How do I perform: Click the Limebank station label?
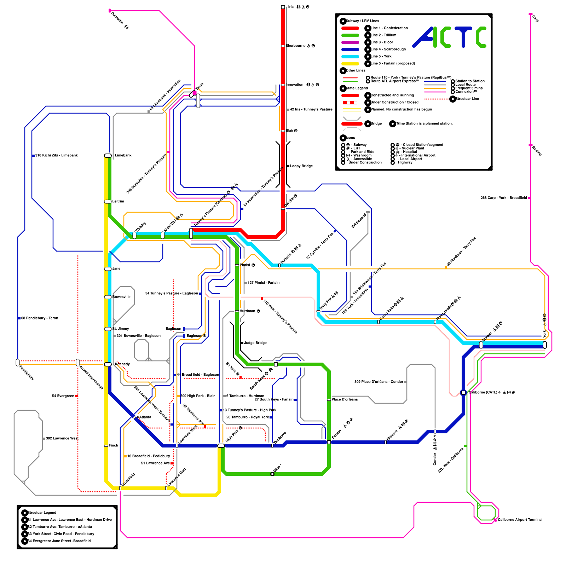[123, 156]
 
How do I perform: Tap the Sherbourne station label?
[296, 46]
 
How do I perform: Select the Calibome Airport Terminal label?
[520, 520]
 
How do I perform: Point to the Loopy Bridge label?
[301, 166]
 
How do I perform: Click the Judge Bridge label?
[255, 343]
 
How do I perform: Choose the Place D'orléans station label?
[345, 400]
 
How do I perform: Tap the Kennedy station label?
[122, 364]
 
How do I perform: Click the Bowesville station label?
[121, 297]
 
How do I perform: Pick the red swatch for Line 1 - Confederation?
[350, 28]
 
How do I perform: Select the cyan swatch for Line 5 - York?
[350, 57]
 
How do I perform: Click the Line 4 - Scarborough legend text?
[388, 50]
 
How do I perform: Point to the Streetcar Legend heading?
[42, 513]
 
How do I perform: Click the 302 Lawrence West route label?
[62, 439]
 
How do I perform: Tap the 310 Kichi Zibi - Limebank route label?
[56, 156]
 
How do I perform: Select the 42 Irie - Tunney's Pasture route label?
[311, 110]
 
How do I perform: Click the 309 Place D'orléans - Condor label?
[379, 382]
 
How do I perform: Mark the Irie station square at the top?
[283, 7]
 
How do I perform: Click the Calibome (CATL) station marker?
[463, 393]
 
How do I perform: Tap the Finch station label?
[113, 446]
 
